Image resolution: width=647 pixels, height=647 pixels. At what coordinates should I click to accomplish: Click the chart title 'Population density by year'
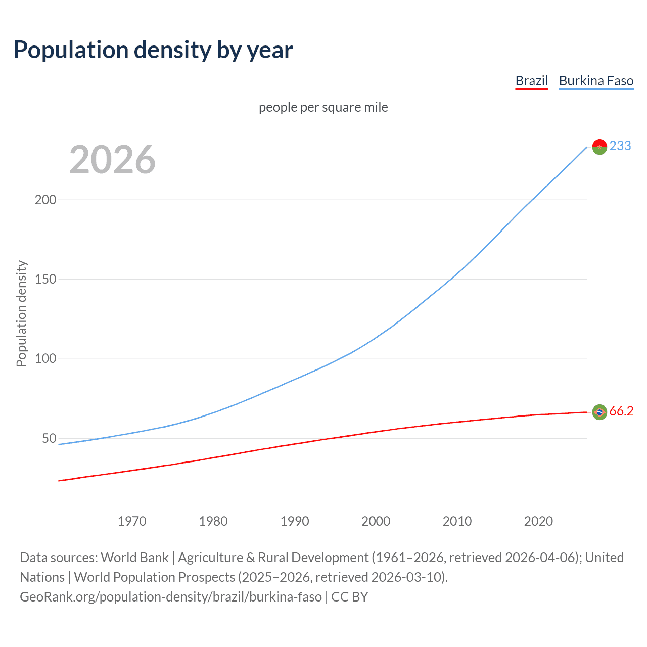coord(153,50)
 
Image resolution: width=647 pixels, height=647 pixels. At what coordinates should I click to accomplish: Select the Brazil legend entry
coord(531,81)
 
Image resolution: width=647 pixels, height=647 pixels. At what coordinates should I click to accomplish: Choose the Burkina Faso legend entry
coord(596,81)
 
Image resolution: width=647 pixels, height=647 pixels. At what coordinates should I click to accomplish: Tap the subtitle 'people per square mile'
coord(323,107)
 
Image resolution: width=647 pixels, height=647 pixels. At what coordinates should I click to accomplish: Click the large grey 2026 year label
coord(112,160)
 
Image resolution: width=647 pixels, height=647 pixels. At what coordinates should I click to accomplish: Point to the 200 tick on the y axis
coord(45,200)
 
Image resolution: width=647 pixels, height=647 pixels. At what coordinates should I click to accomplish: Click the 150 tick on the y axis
coord(45,279)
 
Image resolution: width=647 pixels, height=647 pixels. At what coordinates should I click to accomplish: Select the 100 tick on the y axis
coord(45,359)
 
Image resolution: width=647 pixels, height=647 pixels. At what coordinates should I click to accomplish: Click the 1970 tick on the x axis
coord(132,521)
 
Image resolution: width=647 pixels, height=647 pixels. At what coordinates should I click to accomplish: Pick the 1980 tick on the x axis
coord(213,521)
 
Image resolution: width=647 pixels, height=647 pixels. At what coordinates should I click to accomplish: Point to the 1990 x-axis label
coord(295,521)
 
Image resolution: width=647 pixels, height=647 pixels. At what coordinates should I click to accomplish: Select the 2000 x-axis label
coord(376,521)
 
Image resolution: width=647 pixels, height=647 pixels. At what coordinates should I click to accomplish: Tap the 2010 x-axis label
coord(457,521)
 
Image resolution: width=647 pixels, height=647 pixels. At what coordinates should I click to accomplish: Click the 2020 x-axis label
coord(538,521)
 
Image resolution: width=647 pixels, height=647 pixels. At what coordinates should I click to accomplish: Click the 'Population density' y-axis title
coord(21,313)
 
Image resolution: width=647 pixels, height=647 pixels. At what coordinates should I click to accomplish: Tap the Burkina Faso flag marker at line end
coord(599,147)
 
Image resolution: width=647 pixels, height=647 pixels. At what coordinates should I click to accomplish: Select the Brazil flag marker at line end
coord(599,412)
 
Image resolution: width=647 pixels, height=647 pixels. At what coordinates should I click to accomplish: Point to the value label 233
coord(620,146)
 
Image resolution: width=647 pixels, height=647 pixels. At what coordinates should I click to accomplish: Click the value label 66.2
coord(621,411)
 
